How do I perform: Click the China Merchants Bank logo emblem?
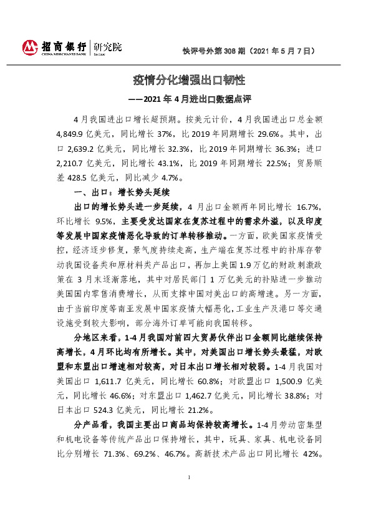31,47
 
